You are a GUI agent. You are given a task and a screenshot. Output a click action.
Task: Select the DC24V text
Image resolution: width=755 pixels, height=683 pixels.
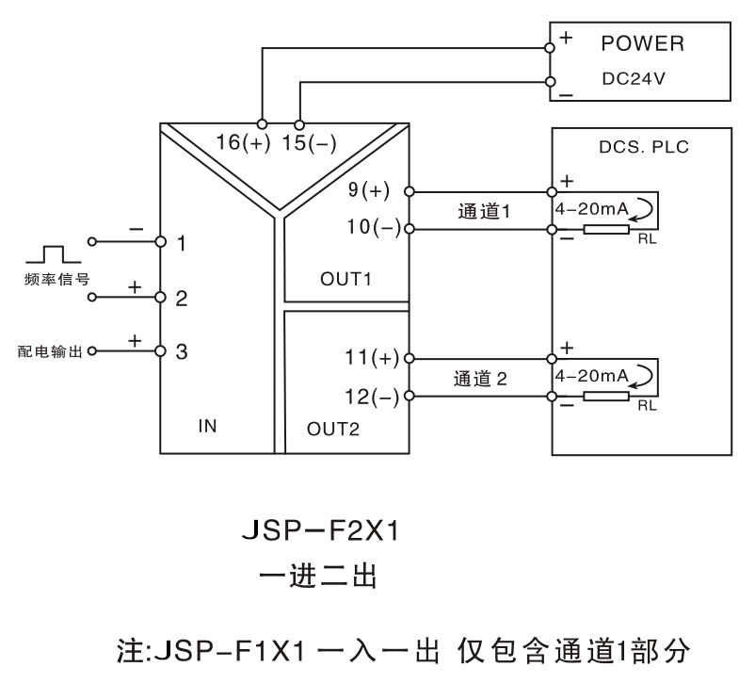pos(634,79)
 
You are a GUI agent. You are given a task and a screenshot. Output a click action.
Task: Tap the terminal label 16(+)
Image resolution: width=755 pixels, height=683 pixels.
pos(242,143)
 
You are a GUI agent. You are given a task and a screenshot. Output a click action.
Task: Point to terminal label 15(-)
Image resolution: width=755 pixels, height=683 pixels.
pos(308,143)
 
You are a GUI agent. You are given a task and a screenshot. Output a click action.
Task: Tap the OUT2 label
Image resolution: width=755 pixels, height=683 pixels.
pos(333,429)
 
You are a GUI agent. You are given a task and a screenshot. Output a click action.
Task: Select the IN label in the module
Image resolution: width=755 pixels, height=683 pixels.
pos(208,426)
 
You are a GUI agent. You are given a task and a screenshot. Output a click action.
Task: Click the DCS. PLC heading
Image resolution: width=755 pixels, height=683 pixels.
pos(643,147)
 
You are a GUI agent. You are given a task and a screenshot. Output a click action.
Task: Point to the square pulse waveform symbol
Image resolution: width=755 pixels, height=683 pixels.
pos(45,253)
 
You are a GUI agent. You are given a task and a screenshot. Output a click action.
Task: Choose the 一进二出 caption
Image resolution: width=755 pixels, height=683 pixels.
pos(319,576)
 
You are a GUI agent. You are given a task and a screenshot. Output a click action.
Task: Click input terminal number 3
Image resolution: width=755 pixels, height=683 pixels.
pos(183,351)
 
